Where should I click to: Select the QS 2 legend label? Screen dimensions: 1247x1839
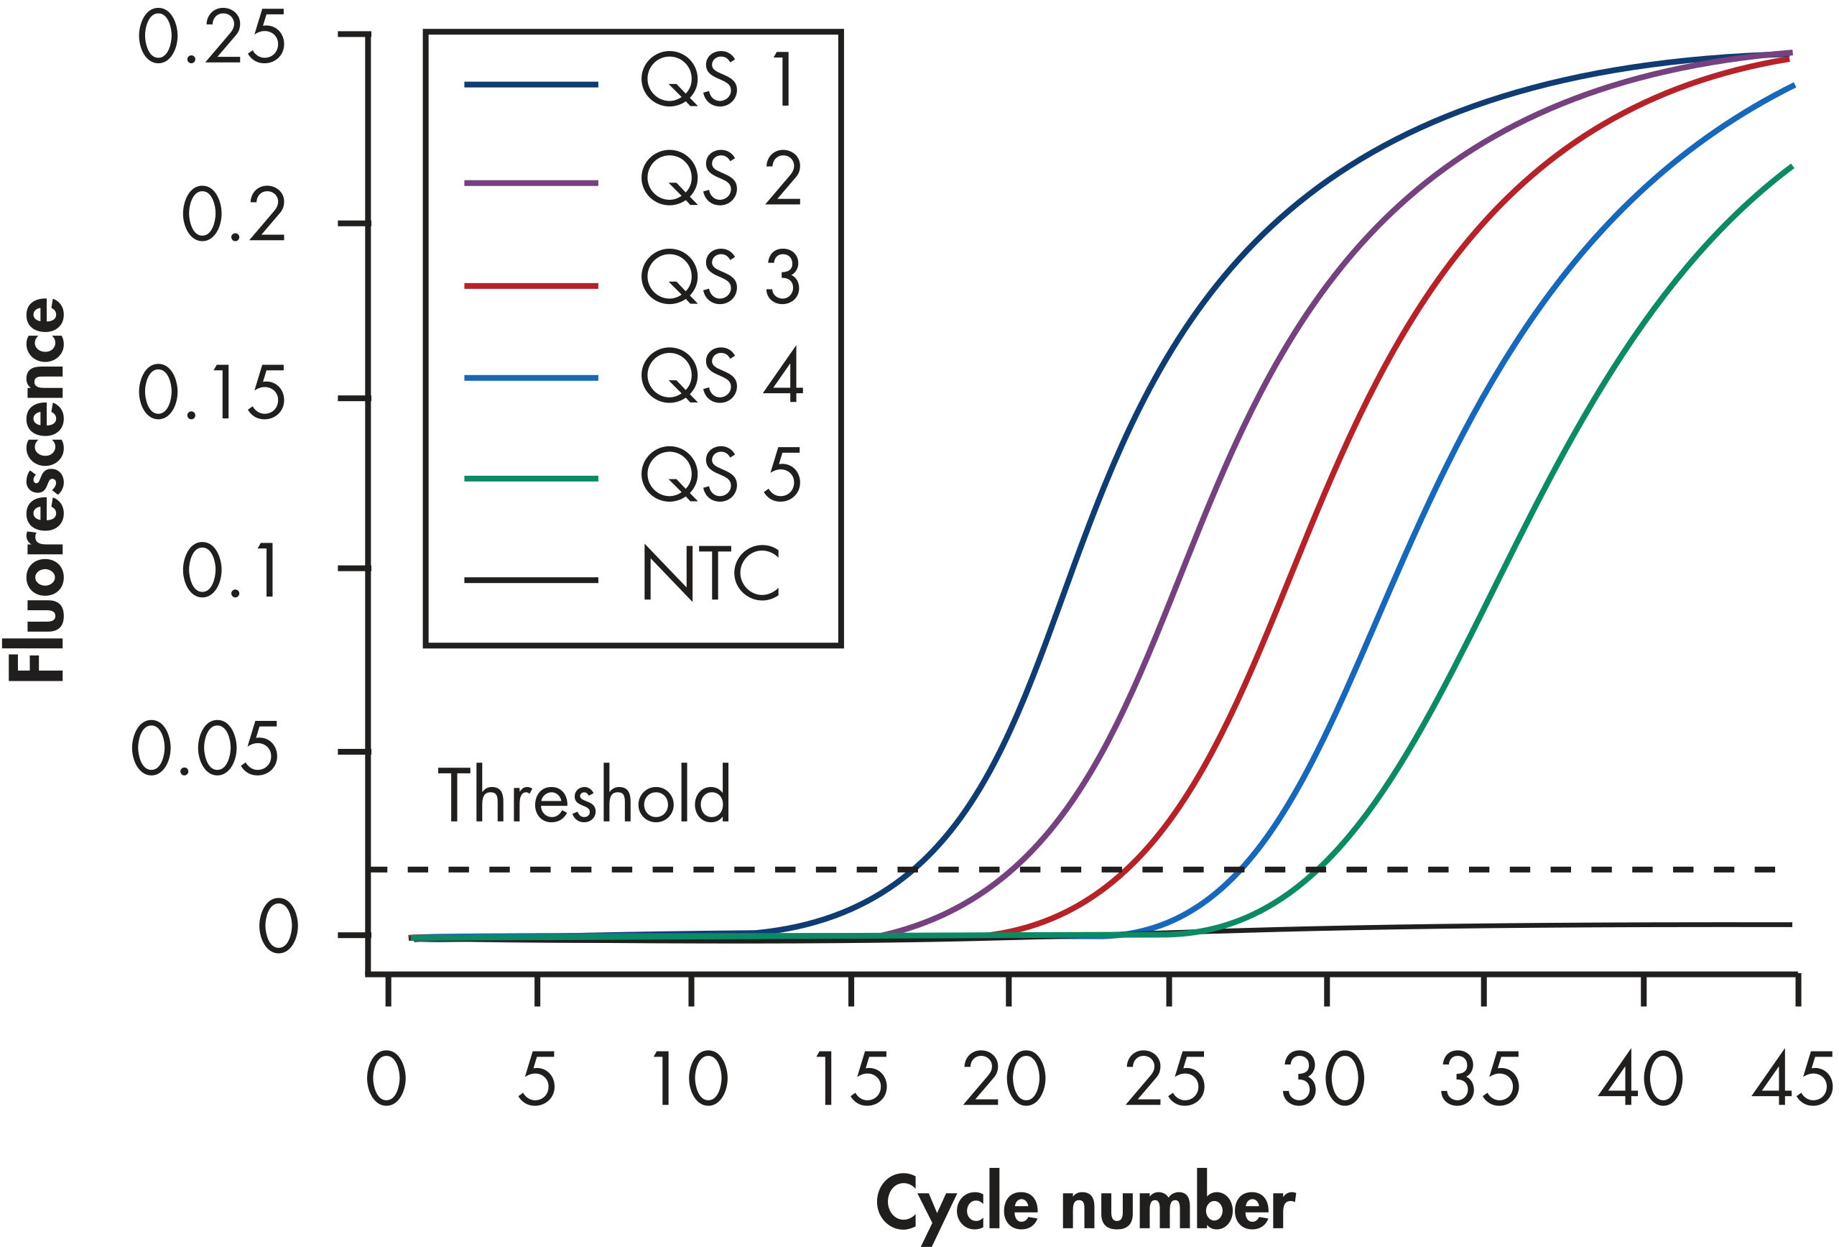(720, 180)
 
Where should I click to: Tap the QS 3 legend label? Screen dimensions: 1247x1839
(720, 279)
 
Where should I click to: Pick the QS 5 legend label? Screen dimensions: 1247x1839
(720, 475)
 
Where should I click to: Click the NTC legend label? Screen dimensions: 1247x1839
(710, 574)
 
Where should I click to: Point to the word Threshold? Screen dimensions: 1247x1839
(584, 795)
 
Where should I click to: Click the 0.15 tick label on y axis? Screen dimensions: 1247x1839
(211, 393)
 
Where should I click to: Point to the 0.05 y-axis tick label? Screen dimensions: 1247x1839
(205, 749)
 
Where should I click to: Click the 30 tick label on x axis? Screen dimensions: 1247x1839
(1323, 1080)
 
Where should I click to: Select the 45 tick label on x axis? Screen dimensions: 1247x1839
(1792, 1080)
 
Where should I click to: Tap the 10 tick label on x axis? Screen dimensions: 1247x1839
(689, 1080)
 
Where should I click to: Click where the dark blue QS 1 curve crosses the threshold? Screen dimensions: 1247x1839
(915, 870)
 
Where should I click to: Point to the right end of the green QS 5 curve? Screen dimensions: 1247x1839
(1792, 166)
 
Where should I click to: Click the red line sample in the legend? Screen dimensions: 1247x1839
(530, 285)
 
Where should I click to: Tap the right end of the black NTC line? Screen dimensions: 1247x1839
(1790, 925)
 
